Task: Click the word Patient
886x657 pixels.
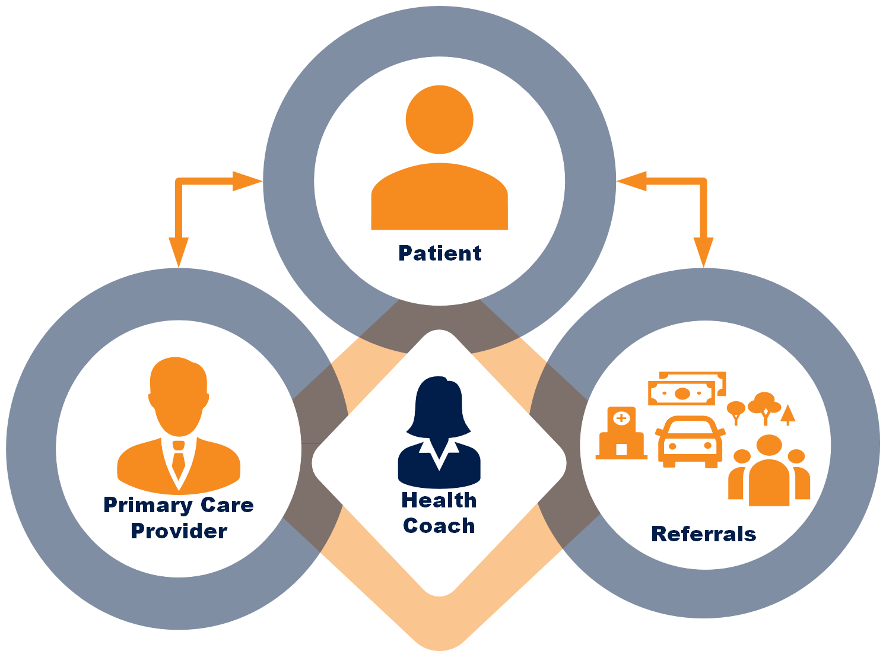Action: click(x=440, y=253)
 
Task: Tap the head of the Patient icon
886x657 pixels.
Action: click(x=439, y=119)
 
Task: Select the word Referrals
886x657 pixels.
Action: click(x=703, y=534)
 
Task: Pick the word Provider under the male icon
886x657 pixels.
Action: click(x=179, y=531)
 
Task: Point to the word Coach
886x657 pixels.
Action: click(x=439, y=526)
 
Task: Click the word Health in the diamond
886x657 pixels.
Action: click(x=439, y=500)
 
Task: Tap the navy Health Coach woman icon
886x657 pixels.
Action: click(x=439, y=430)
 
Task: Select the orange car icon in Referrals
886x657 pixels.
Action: click(x=690, y=442)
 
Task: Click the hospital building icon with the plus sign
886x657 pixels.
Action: click(x=621, y=433)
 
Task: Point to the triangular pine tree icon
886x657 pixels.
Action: click(x=787, y=414)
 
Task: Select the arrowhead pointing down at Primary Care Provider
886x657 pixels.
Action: click(x=179, y=252)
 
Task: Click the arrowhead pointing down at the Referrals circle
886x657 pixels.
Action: click(x=704, y=252)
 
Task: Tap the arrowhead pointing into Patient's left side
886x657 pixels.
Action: click(x=247, y=181)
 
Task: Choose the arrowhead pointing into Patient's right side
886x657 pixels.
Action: click(x=631, y=181)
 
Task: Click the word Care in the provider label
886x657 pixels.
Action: click(x=227, y=506)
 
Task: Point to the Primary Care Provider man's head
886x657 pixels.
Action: click(x=178, y=395)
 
